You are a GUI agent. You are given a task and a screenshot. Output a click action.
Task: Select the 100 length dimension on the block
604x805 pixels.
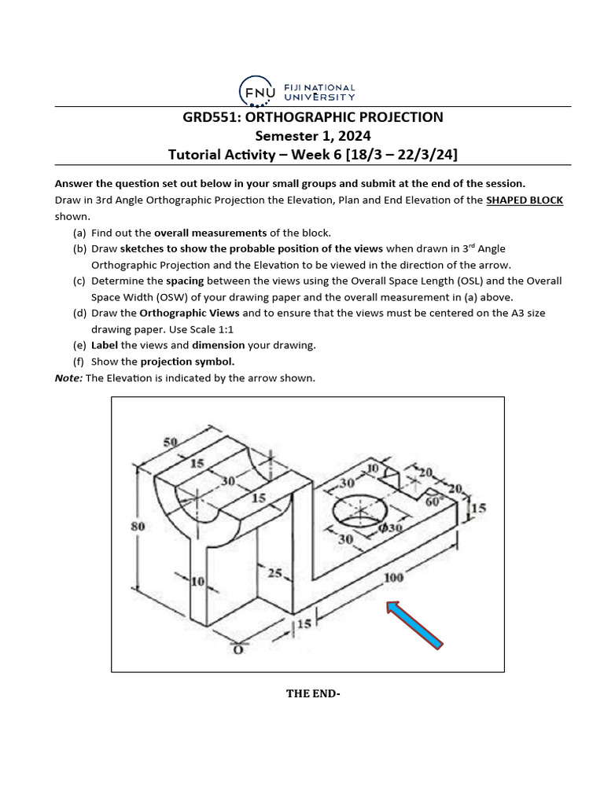[x=393, y=579]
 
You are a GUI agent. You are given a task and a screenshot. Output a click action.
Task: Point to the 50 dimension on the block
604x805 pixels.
[x=170, y=443]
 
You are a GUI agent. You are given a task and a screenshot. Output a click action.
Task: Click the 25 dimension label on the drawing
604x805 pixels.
[x=274, y=574]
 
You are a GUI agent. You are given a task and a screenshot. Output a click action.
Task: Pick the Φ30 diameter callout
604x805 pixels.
[x=391, y=527]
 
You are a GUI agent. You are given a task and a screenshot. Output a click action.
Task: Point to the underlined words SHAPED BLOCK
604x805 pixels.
[x=525, y=200]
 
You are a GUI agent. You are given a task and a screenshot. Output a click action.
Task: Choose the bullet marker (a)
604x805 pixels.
[x=79, y=233]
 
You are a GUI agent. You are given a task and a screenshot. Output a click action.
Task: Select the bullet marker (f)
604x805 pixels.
[x=79, y=362]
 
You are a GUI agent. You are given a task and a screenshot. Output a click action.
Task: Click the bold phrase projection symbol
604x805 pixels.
[x=187, y=362]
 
